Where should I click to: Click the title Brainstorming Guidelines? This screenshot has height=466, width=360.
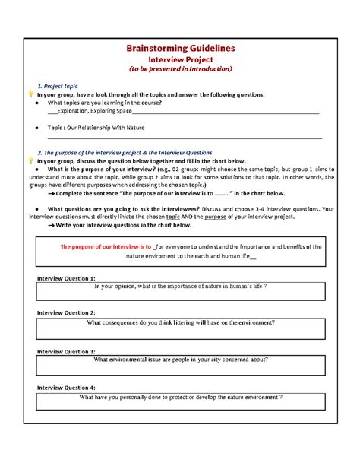pos(180,48)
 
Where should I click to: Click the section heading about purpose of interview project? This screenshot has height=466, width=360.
pos(119,152)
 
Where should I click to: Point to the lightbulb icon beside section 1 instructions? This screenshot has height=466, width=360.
pos(31,95)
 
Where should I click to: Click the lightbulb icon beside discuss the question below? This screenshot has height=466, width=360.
pos(31,161)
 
